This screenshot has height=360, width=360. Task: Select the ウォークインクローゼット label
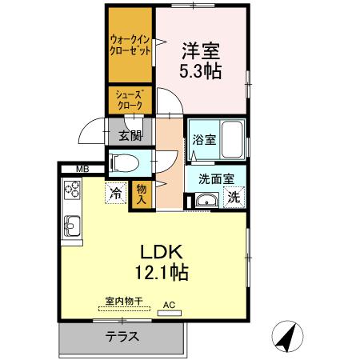pos(130,43)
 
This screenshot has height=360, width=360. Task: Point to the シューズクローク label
pos(130,99)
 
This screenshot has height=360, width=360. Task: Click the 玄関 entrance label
pos(130,134)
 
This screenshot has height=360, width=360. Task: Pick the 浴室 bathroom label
pos(202,139)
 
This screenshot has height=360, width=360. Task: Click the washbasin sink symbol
pos(206,200)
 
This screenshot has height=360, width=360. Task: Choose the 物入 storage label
pos(142,194)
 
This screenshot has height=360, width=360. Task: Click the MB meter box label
pos(82,169)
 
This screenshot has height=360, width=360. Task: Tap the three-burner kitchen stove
pos(71,190)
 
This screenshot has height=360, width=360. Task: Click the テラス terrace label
pos(122,337)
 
